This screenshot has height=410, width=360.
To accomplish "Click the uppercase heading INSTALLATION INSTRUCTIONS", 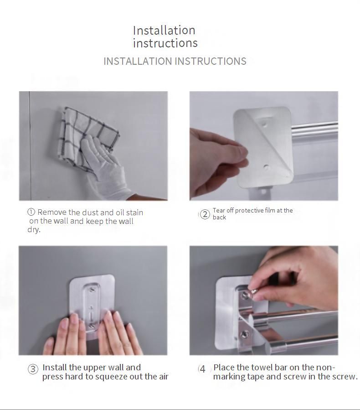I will tap(175, 61).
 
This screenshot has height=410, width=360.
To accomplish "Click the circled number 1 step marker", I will tap(31, 212).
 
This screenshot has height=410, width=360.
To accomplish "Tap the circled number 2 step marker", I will tap(205, 214).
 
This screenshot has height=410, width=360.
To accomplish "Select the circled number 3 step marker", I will tap(33, 369).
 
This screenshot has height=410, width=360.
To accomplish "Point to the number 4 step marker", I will tap(202, 369).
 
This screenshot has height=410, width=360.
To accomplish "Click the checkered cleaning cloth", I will tap(87, 135).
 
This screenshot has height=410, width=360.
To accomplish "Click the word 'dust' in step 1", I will tap(90, 213).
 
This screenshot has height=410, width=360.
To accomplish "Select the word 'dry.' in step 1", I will tap(34, 229).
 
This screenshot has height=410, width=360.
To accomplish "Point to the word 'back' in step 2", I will tap(219, 218).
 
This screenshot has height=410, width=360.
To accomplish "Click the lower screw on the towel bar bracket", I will tap(245, 334).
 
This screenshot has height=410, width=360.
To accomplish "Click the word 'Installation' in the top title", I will tap(164, 31).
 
